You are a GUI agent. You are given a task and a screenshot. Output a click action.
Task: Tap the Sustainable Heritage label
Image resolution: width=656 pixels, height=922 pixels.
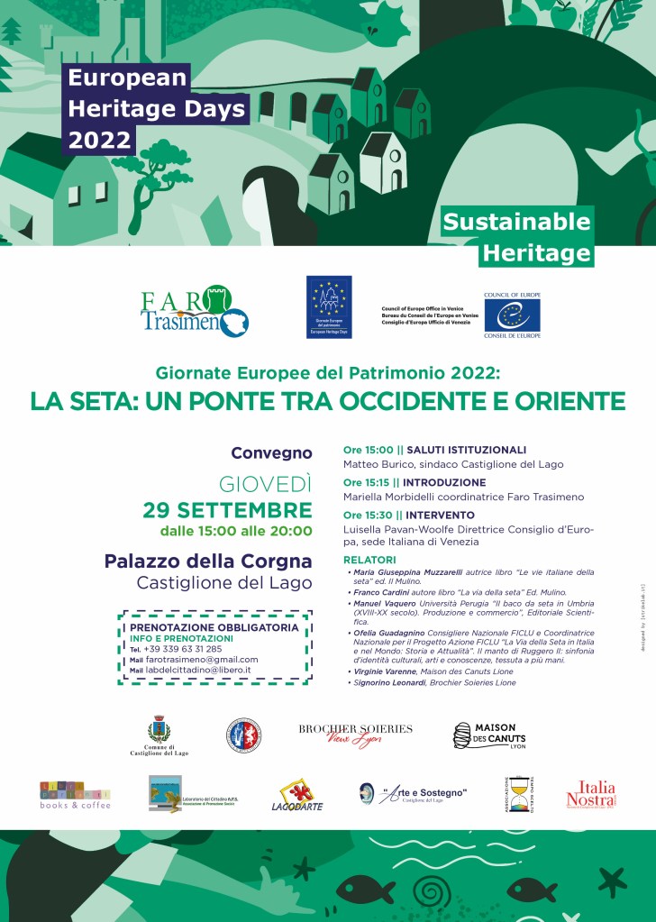[x=530, y=237]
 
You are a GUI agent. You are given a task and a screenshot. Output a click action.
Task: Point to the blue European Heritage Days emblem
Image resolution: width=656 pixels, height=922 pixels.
[x=329, y=306]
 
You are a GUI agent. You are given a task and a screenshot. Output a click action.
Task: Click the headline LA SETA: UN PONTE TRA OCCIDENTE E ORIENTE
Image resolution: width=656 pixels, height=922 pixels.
[x=327, y=400]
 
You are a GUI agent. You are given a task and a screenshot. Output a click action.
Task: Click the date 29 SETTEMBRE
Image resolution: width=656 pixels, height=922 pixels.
[x=227, y=509]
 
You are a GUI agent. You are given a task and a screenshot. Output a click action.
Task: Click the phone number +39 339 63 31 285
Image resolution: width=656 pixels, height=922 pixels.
[x=184, y=649]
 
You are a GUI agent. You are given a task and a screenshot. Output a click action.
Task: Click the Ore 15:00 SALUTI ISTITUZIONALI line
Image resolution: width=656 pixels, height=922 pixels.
[x=434, y=450]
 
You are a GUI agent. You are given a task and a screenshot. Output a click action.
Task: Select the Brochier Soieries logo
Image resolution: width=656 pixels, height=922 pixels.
[x=355, y=734]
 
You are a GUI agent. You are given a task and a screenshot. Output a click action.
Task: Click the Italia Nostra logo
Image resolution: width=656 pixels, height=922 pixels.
[x=590, y=795]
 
